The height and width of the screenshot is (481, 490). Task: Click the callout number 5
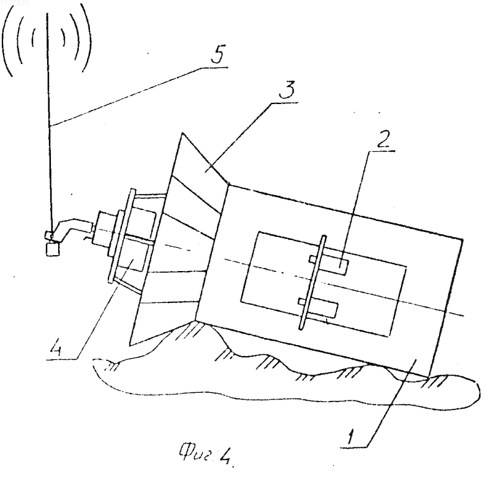click(218, 55)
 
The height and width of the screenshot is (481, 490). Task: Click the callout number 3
click(287, 89)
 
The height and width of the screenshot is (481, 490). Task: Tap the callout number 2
click(383, 138)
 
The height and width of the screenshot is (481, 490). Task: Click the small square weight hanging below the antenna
click(53, 250)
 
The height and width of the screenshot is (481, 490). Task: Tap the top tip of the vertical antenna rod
click(47, 13)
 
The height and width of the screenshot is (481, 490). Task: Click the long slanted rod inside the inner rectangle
click(313, 283)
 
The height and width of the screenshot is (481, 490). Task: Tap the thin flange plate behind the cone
click(122, 236)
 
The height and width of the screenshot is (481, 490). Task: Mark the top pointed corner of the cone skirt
click(183, 133)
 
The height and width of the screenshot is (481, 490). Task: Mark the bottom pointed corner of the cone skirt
click(130, 345)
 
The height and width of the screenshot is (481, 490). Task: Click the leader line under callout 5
click(140, 96)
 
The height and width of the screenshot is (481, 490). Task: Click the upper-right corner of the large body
click(463, 239)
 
